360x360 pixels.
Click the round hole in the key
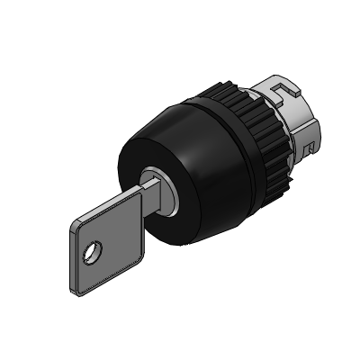pos(89,255)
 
